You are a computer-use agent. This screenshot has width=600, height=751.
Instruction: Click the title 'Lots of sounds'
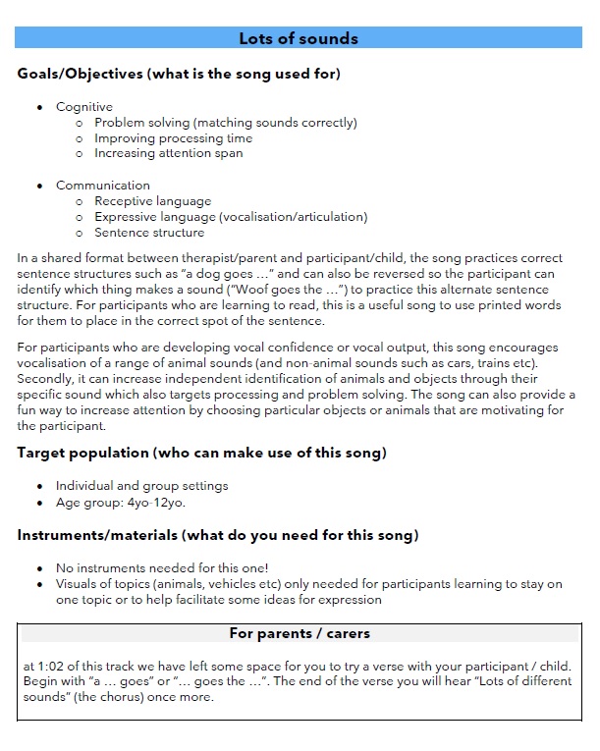[x=299, y=39]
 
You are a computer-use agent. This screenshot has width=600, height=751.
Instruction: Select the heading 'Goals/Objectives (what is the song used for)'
[x=179, y=74]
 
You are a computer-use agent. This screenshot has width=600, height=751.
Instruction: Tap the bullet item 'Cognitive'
[x=84, y=107]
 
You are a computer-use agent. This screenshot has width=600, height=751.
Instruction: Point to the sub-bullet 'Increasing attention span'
[x=168, y=153]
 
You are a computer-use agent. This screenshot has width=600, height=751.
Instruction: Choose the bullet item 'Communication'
[x=103, y=186]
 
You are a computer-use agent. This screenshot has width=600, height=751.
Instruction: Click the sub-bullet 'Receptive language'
[x=152, y=201]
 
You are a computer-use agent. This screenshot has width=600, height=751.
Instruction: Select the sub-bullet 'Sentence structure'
[x=149, y=233]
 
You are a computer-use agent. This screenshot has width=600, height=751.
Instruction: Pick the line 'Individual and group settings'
[x=141, y=486]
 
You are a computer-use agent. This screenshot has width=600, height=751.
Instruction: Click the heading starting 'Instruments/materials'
[x=218, y=535]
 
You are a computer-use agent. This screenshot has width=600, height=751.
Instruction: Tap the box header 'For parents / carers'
[x=299, y=633]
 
